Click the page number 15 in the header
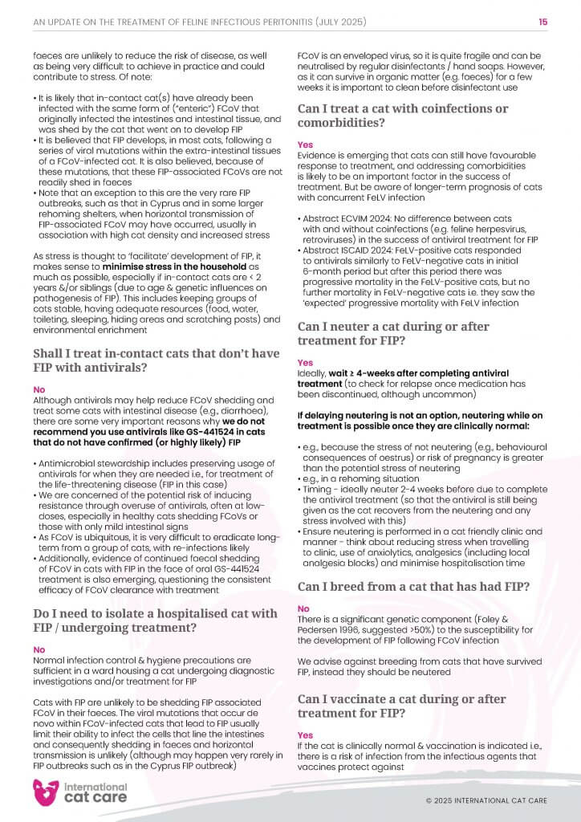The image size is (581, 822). click(543, 22)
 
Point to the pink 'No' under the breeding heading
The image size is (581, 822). click(303, 608)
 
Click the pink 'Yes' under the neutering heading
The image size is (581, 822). click(305, 363)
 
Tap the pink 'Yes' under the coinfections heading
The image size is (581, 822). click(305, 145)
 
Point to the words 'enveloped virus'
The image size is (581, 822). click(384, 57)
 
